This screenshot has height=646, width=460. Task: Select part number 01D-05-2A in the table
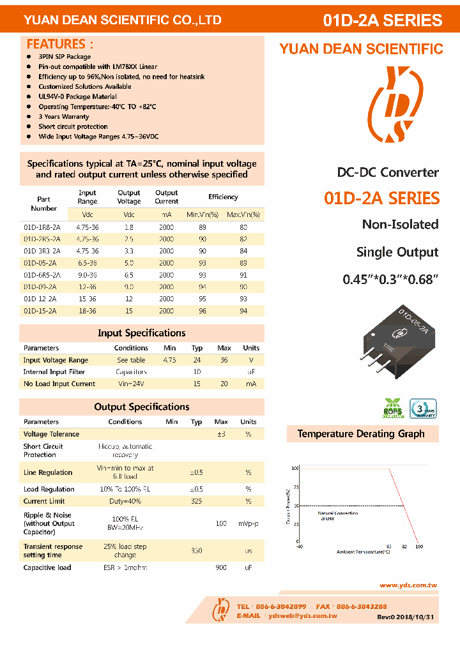(x=40, y=263)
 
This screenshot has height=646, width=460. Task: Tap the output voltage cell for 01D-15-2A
(x=129, y=311)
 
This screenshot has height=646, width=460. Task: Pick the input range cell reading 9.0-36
(x=88, y=275)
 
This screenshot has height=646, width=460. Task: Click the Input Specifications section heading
(x=141, y=333)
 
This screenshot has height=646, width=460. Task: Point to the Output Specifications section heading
(x=141, y=407)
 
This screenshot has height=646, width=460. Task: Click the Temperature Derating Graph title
(x=361, y=434)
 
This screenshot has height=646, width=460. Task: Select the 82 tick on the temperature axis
(x=404, y=546)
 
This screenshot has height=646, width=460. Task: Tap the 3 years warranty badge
(x=422, y=409)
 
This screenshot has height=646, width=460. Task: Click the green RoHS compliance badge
(x=393, y=409)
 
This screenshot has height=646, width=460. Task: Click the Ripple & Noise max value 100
(x=221, y=523)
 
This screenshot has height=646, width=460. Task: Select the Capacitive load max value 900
(x=221, y=567)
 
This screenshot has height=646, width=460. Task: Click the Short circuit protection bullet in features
(x=73, y=126)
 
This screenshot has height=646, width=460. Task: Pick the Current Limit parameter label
(x=44, y=501)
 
